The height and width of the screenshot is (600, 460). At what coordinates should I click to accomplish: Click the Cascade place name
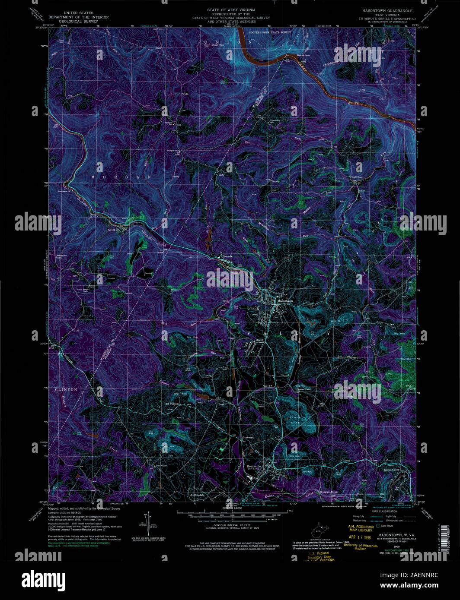pyautogui.click(x=227, y=256)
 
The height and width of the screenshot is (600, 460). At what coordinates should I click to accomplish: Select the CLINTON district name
pyautogui.click(x=66, y=389)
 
